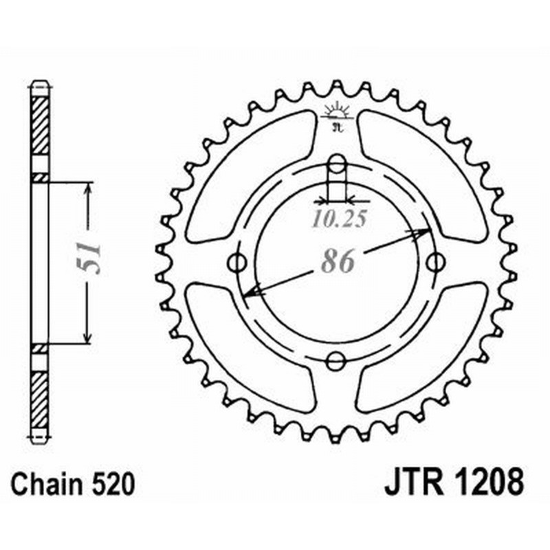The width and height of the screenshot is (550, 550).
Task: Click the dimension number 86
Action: (337, 262)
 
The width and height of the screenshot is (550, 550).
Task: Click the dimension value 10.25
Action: (338, 220)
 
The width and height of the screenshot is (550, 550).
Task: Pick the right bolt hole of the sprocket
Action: (434, 262)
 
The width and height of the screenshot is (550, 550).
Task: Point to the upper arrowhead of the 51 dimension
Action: (87, 188)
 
